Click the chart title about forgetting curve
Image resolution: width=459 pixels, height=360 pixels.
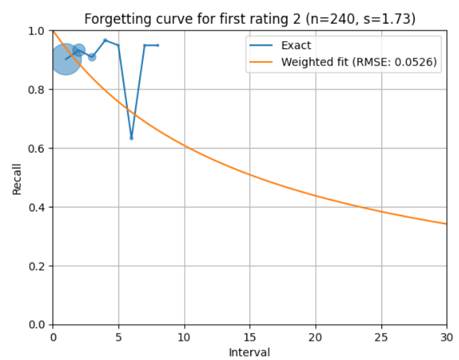[250, 19]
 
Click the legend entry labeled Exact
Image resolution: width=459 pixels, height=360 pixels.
[296, 46]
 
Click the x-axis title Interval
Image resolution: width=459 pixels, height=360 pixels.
[249, 351]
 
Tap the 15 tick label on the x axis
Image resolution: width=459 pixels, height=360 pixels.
[250, 337]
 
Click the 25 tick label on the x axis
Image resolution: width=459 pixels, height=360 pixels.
[381, 337]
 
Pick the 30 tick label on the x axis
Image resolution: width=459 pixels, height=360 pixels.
[446, 337]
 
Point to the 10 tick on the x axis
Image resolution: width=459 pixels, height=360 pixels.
[184, 337]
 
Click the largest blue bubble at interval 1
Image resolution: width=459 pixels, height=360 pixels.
[66, 59]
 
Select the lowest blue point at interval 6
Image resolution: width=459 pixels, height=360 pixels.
[131, 138]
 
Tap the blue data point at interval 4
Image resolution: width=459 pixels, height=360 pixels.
[105, 40]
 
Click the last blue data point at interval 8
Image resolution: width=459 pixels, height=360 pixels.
[158, 45]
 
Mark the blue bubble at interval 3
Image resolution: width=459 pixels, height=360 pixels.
[92, 57]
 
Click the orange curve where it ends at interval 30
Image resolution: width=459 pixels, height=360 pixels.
[446, 223]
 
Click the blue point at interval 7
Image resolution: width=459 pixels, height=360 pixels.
[144, 45]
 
